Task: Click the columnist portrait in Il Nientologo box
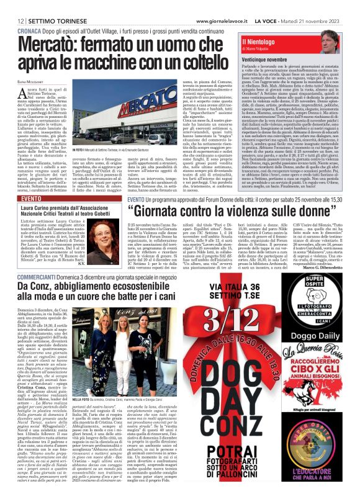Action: (345, 43)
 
